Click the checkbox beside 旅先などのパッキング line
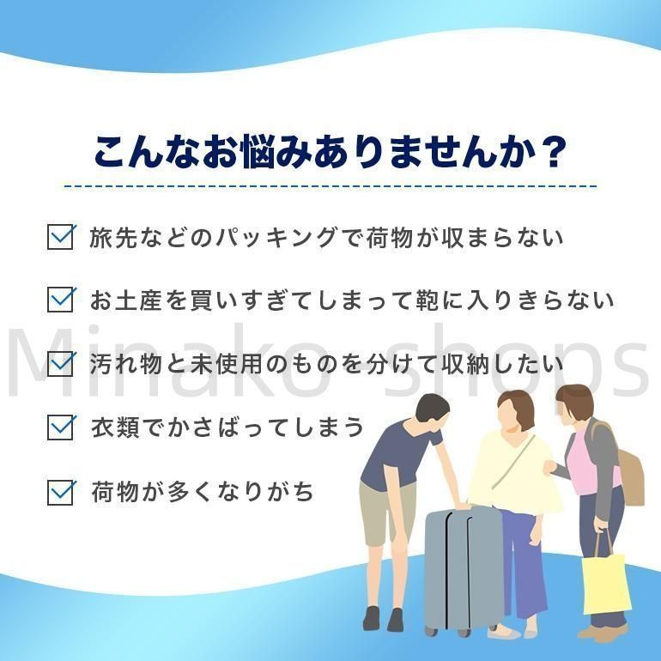60,237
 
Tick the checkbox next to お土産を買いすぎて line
60,300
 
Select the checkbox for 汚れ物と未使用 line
60,363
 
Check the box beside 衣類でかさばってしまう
60,427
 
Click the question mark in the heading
549,152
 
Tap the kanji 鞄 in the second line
427,300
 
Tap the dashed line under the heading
330,186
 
